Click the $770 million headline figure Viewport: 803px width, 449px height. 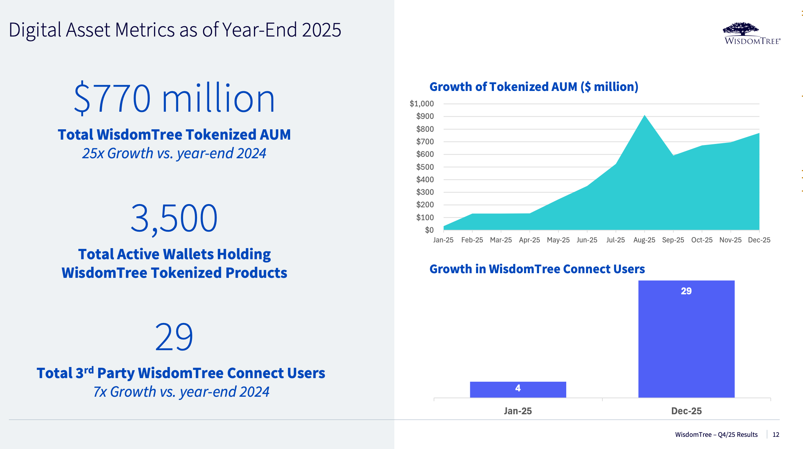point(174,98)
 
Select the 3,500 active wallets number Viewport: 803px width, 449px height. point(174,218)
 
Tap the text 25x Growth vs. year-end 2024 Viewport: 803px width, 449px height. point(174,153)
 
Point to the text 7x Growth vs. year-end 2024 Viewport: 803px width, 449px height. point(181,392)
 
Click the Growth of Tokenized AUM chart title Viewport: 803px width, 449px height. point(534,87)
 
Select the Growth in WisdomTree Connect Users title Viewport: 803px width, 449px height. point(537,269)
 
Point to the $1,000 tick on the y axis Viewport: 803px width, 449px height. point(422,104)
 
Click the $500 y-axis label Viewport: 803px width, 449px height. point(425,167)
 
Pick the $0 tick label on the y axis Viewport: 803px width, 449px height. point(429,230)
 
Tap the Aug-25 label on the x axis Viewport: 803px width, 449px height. point(644,240)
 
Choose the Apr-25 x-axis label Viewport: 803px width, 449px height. point(529,240)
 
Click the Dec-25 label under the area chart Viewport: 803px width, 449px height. point(759,240)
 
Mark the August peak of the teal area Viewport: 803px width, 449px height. point(644,116)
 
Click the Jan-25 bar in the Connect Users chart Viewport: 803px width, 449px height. point(518,390)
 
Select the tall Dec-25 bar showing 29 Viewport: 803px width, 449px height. point(686,338)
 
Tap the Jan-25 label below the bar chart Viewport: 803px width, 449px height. point(518,411)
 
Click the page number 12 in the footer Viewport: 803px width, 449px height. point(776,434)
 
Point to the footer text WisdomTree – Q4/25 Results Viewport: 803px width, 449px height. point(716,434)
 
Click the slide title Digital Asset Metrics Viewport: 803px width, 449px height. point(175,30)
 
